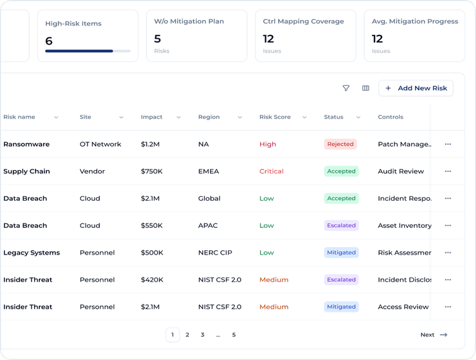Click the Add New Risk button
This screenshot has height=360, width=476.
[x=416, y=88]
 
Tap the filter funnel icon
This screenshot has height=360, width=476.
[x=346, y=88]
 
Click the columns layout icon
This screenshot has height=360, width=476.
[x=366, y=88]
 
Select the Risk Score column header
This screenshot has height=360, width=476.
[x=275, y=117]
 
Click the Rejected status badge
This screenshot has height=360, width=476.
[x=340, y=144]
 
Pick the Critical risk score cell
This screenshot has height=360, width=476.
[x=271, y=171]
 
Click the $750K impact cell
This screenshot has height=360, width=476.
[x=152, y=171]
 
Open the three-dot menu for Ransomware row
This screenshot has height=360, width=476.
[x=448, y=144]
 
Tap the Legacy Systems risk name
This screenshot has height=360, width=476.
[x=31, y=253]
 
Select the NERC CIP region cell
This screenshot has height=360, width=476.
[x=215, y=253]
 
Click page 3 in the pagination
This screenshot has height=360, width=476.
[x=202, y=335]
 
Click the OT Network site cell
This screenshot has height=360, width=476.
[x=100, y=144]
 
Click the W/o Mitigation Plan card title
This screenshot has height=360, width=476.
[x=188, y=22]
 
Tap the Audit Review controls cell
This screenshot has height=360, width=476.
[x=400, y=171]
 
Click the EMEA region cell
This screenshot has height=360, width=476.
[x=209, y=171]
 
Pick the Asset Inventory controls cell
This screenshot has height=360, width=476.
[x=404, y=225]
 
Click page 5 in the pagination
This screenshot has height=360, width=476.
[x=234, y=335]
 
